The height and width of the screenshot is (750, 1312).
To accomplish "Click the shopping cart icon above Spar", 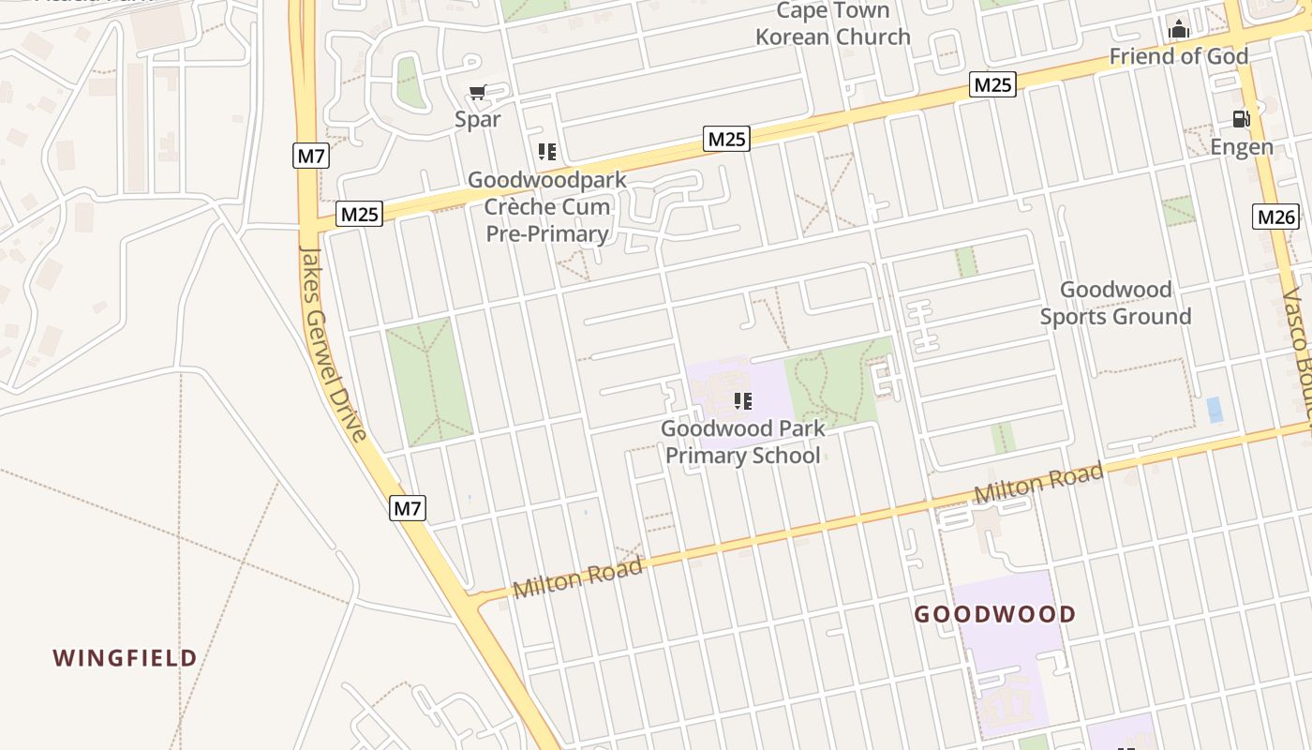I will [478, 92].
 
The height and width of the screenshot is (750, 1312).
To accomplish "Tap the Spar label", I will [478, 119].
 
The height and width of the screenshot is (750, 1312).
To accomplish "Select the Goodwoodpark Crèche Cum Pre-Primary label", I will [547, 206].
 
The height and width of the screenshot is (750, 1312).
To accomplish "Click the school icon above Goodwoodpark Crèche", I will [547, 151].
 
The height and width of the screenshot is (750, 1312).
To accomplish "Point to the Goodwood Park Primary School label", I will [743, 442].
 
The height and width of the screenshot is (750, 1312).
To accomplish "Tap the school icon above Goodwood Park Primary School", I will [743, 401].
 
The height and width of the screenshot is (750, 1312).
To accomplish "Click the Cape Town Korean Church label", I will [833, 24].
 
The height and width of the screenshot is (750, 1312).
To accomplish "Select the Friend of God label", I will [1179, 56].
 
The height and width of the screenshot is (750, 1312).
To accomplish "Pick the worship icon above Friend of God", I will [1179, 30].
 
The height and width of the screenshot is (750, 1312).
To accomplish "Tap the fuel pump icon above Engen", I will [1242, 119].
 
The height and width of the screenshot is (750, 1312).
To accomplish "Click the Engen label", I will [1242, 147].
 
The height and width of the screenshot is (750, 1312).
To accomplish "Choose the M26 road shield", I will [1276, 217].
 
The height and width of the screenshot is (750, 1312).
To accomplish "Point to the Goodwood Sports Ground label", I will [1115, 303].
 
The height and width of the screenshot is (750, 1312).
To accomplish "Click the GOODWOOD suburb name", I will [995, 615].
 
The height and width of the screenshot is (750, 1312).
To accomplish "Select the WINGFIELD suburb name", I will [125, 657].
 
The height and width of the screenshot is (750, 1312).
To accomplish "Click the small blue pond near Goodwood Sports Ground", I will [1215, 410].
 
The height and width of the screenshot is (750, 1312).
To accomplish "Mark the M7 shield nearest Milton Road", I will [408, 508].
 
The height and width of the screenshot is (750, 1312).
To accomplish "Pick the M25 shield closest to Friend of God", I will [993, 85].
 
